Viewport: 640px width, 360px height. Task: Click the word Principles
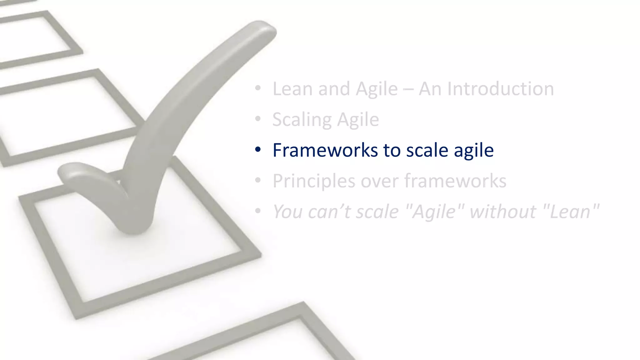point(314,181)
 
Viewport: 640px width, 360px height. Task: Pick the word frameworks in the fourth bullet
point(455,181)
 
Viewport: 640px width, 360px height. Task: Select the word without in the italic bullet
point(503,211)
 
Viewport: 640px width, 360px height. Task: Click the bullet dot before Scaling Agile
point(257,119)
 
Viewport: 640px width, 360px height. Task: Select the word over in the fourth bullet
point(379,181)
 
